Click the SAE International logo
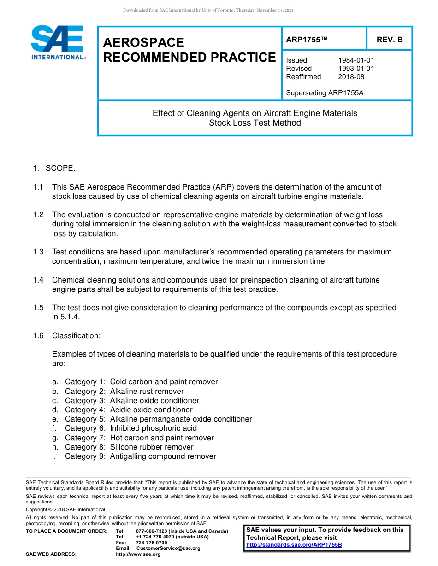point(58,42)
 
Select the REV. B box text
point(390,40)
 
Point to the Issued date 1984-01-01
point(356,60)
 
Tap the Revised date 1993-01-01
point(356,69)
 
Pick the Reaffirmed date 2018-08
point(351,77)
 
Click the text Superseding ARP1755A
point(325,93)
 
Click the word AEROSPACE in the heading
point(143,43)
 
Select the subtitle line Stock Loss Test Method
point(255,123)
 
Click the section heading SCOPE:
point(60,168)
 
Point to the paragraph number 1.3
point(38,252)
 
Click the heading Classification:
point(76,336)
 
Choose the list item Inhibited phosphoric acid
point(153,428)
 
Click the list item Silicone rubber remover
point(152,447)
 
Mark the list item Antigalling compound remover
point(163,456)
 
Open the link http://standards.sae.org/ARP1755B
point(294,545)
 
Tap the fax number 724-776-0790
point(151,543)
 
